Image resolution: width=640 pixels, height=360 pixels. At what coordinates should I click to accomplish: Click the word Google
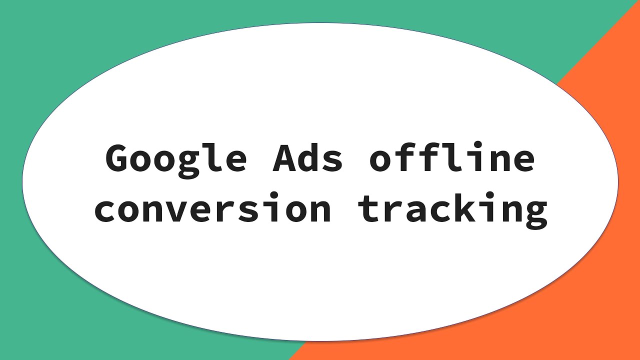tap(176, 159)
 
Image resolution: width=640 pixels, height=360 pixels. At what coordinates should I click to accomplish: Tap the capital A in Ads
tap(284, 159)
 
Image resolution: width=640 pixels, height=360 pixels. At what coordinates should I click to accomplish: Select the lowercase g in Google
tap(189, 163)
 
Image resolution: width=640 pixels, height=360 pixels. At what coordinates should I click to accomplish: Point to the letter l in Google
tap(212, 158)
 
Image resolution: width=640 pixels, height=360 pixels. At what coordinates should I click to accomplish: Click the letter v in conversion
tap(178, 210)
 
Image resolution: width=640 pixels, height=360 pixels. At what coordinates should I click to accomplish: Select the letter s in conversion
tap(249, 210)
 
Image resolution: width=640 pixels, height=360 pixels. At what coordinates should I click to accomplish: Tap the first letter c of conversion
tap(106, 210)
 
